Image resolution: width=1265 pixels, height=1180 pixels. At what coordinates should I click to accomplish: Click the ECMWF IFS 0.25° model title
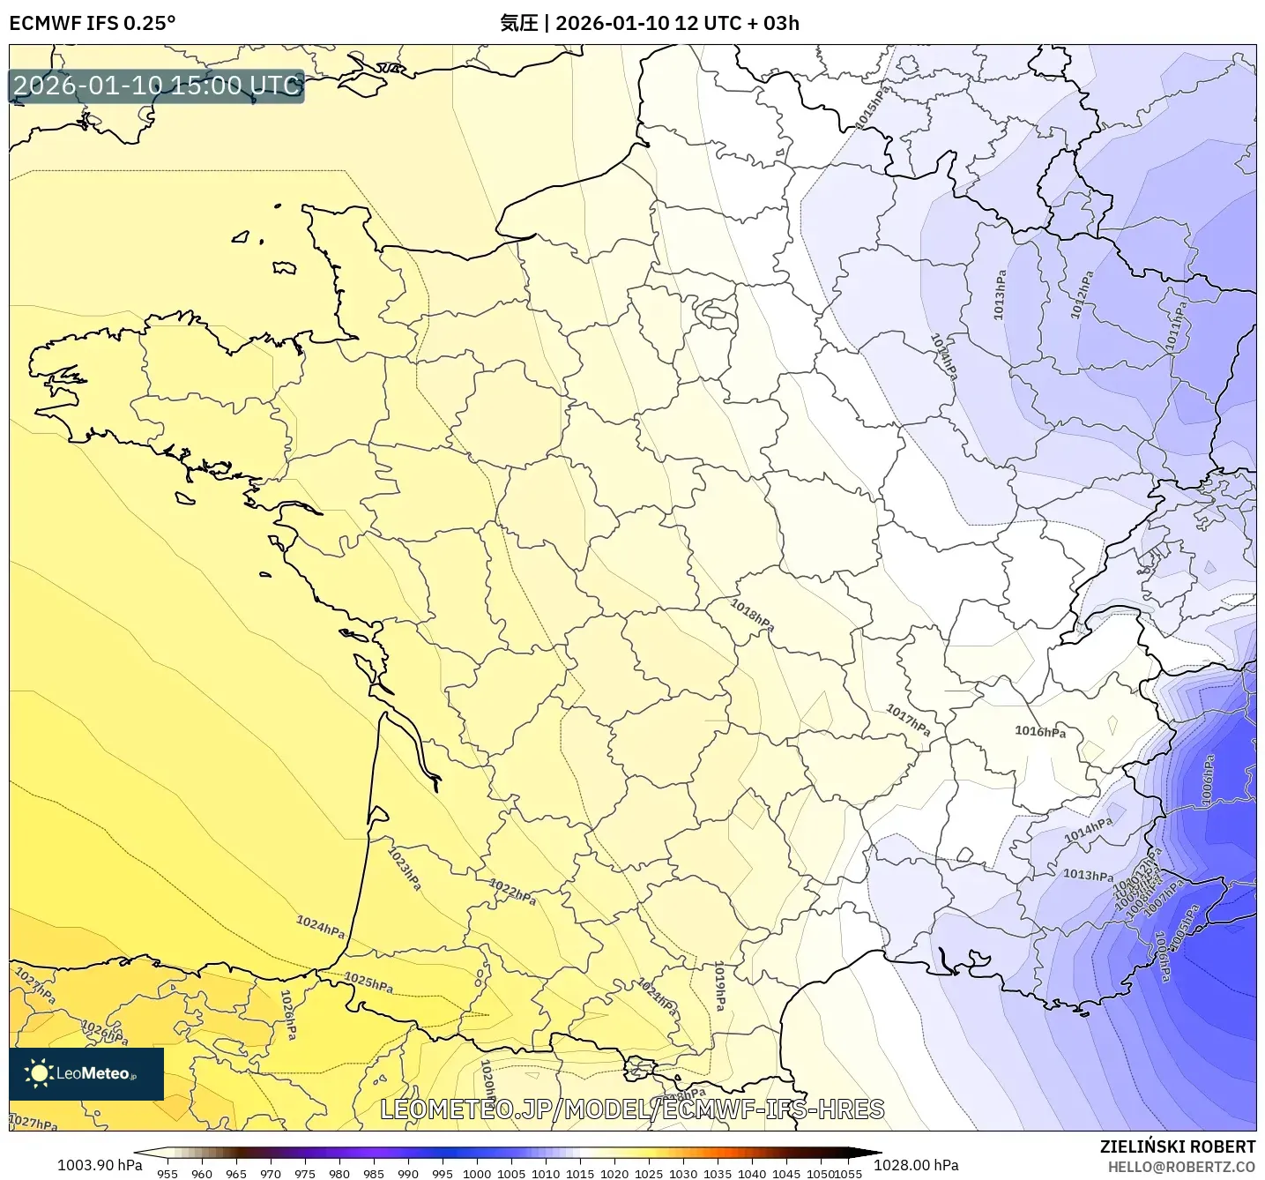tap(93, 23)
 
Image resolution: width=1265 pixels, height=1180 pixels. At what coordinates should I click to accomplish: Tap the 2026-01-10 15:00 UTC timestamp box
tap(157, 86)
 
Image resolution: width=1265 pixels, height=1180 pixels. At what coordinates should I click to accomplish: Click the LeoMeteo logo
tap(86, 1073)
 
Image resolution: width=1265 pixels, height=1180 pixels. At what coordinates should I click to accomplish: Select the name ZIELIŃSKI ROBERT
tap(1177, 1146)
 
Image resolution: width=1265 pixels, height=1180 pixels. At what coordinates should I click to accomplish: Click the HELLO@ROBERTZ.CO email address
tap(1181, 1167)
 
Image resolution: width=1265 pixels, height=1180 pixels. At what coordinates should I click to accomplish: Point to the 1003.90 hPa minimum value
tap(99, 1165)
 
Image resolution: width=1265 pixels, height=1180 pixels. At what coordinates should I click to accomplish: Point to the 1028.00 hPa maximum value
tap(916, 1165)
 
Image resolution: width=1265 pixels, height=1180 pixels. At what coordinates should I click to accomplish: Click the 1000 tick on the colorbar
tap(477, 1174)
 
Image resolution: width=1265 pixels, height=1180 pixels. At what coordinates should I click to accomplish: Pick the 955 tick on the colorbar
tap(167, 1174)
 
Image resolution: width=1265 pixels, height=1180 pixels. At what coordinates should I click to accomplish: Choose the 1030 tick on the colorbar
tap(683, 1174)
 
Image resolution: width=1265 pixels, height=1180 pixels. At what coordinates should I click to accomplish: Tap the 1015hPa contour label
tap(873, 108)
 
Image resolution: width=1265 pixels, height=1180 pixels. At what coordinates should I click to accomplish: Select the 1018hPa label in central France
tap(752, 615)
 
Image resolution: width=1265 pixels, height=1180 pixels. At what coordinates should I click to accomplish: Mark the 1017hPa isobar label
tap(908, 721)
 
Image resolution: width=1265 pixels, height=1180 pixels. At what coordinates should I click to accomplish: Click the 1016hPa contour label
tap(1040, 731)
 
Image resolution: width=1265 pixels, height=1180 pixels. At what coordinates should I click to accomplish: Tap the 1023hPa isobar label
tap(405, 868)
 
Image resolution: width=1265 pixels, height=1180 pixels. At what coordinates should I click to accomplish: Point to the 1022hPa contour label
tap(512, 892)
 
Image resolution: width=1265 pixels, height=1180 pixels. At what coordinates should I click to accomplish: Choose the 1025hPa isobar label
tap(368, 982)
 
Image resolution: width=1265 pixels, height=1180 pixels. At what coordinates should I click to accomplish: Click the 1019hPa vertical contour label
tap(719, 986)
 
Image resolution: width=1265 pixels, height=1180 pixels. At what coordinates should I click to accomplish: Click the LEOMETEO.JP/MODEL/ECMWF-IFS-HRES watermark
tap(632, 1109)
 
